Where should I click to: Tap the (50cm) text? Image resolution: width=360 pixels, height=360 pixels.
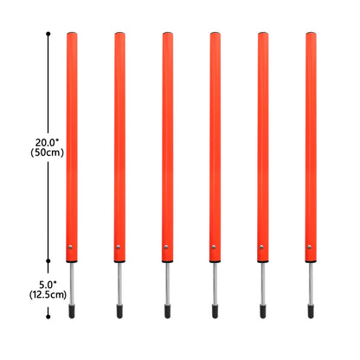(x=48, y=152)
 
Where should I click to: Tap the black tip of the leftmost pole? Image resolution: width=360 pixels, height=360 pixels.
(x=72, y=309)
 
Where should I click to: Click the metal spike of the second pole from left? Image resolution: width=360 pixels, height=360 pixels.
(x=119, y=282)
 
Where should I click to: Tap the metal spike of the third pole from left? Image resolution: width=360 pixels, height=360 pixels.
(x=167, y=282)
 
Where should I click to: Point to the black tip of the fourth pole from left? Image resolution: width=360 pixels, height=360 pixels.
(x=215, y=309)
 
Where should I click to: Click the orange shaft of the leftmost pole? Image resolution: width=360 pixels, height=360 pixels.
(x=71, y=138)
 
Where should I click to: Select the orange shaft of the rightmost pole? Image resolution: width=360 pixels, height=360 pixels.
(x=311, y=138)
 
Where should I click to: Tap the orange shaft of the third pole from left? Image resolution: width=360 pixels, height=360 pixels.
(x=166, y=138)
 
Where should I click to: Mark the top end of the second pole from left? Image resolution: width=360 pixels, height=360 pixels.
(x=119, y=35)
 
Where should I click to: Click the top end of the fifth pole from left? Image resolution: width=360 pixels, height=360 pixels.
(x=263, y=35)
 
